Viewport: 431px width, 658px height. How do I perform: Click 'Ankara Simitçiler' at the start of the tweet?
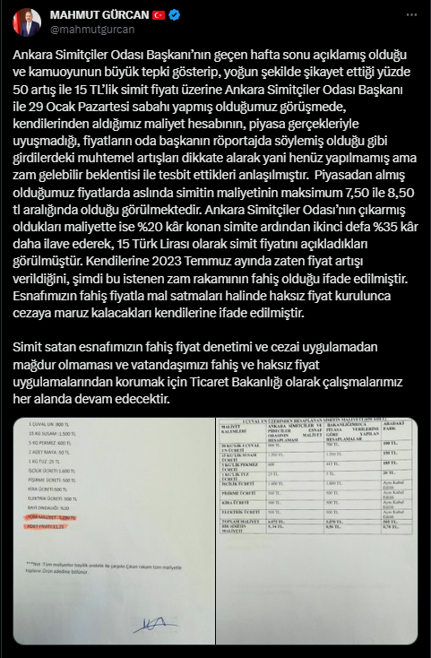point(59,56)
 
